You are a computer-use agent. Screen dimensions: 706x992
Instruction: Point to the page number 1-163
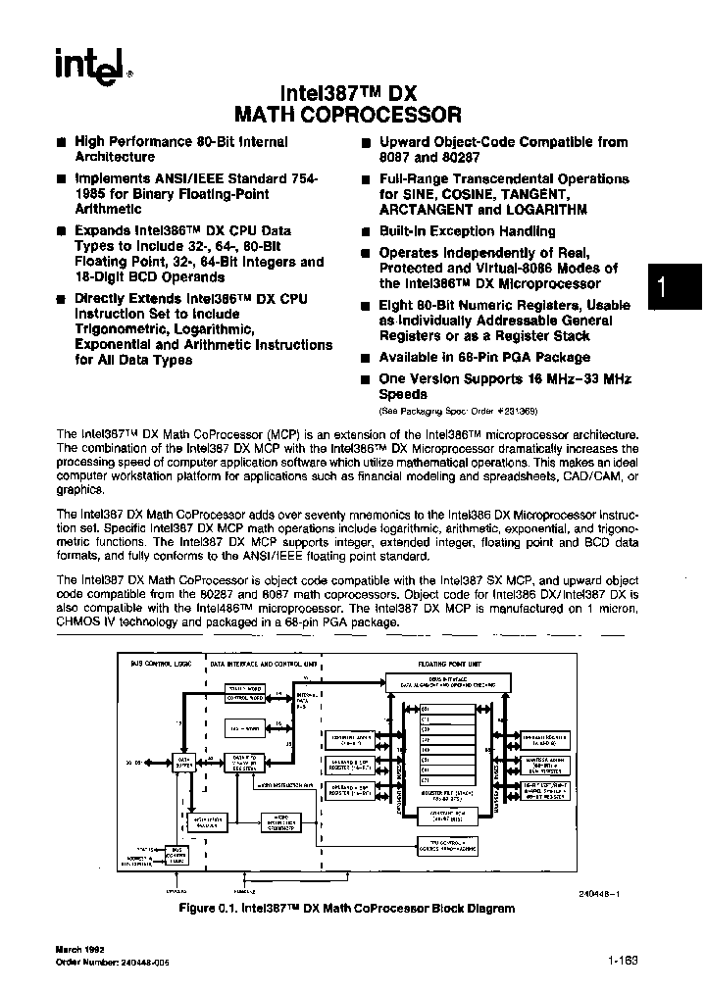point(626,962)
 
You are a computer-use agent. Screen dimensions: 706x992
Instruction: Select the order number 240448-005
point(102,964)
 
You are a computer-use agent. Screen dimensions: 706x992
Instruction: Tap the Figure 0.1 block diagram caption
point(347,909)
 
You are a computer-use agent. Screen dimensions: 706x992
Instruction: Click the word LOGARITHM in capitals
point(546,210)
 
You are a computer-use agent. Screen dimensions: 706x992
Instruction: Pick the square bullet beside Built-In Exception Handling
point(364,232)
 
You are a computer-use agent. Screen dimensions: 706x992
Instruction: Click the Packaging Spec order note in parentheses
point(458,411)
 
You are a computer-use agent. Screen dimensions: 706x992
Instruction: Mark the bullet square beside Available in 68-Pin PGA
point(364,358)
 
